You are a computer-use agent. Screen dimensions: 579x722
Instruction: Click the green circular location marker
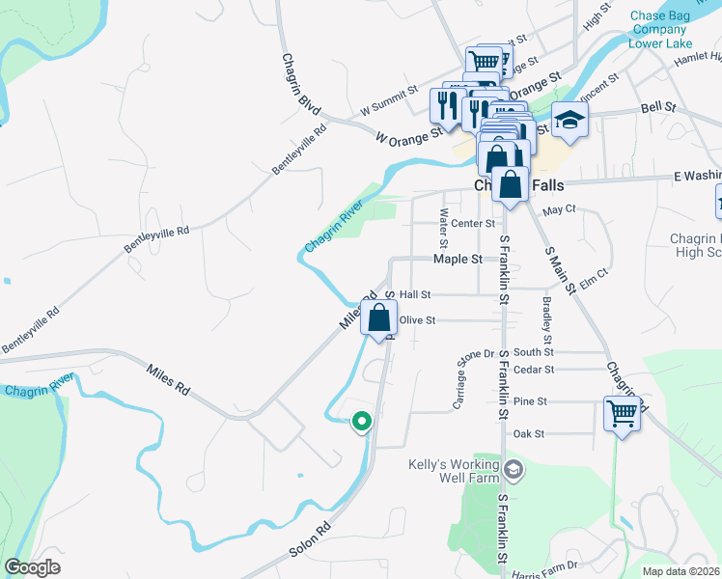(362, 422)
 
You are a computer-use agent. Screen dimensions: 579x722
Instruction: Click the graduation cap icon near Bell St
(569, 120)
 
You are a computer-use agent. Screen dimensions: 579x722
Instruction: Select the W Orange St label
(409, 134)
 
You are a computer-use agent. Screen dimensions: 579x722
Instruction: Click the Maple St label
(458, 260)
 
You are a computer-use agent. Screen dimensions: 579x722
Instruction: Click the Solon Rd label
(310, 540)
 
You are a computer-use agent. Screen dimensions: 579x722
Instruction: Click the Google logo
(32, 566)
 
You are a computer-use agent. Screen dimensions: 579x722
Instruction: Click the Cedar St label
(534, 370)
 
